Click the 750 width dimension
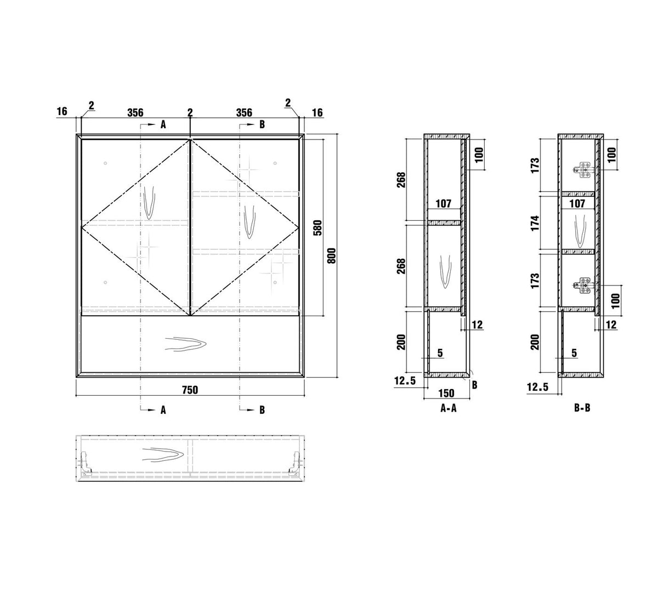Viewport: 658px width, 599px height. click(x=190, y=390)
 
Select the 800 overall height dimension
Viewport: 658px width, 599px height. click(x=332, y=256)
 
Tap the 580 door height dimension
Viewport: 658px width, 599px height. click(x=317, y=228)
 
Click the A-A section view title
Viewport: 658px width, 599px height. click(x=449, y=408)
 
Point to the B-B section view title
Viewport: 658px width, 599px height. click(x=582, y=408)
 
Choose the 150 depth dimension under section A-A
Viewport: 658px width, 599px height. click(x=446, y=393)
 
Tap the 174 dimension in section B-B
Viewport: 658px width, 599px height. click(x=535, y=223)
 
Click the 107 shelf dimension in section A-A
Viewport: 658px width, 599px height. click(x=444, y=204)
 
